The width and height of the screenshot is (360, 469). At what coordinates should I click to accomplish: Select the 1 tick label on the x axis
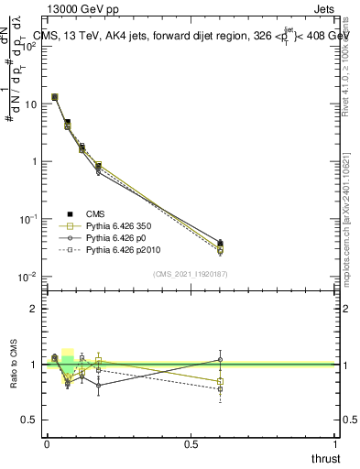335,444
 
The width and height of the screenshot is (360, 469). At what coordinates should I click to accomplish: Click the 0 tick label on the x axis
46,444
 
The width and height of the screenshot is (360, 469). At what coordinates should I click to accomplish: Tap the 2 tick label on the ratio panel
34,309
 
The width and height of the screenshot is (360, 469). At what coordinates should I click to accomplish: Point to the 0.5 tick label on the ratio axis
29,420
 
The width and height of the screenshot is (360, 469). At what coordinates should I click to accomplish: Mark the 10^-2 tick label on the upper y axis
27,277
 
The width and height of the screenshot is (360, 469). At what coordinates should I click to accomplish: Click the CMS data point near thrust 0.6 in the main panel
220,244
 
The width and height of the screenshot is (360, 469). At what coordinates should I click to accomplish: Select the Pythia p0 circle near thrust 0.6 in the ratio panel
220,359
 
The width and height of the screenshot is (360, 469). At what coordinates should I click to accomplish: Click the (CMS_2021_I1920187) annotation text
190,274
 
